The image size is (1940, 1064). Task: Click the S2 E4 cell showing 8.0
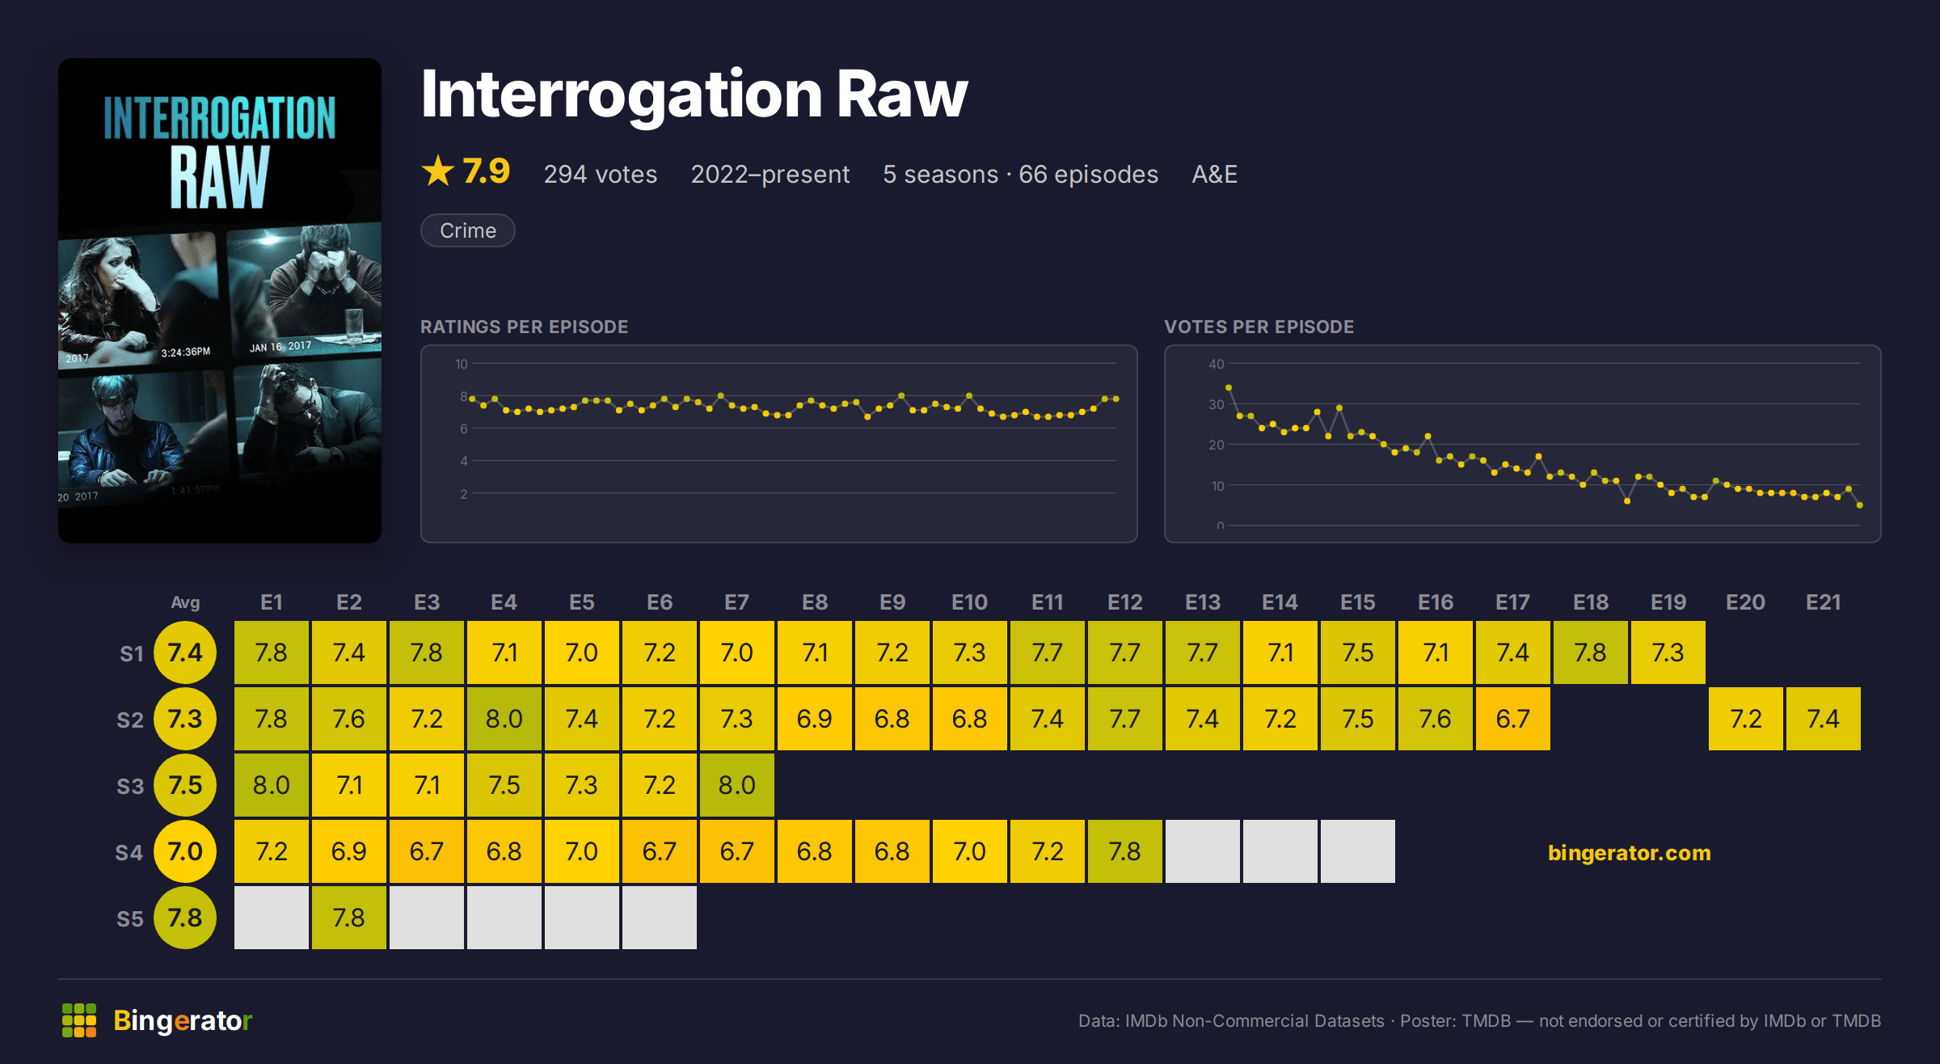504,719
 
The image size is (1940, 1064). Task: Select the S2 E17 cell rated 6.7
1513,719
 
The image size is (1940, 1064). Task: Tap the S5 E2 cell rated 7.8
349,918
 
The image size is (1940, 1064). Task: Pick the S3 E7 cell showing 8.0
737,785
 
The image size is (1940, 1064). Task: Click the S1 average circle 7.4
185,652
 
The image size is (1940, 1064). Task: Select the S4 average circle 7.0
185,851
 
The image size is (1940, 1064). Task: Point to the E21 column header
1824,602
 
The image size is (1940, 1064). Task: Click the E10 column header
969,602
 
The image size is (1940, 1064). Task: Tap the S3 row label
130,786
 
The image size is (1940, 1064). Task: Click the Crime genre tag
468,230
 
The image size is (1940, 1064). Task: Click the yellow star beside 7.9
438,171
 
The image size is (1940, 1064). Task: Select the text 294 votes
601,175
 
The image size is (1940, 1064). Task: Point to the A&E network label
1214,175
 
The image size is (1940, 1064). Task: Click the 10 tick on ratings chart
461,364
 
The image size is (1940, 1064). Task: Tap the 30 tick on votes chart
1217,404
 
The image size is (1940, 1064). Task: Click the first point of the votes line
1229,388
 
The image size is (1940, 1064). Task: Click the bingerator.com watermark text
1630,853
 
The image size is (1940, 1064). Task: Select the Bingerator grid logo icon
79,1020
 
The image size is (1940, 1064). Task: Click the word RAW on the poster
219,178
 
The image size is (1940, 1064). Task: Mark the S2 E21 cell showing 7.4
1824,719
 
